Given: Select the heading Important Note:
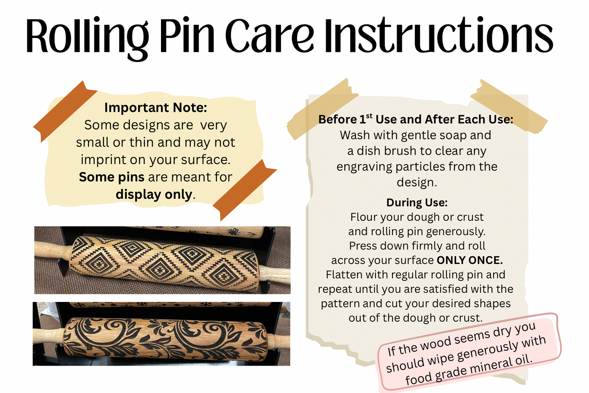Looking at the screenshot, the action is coord(156,107).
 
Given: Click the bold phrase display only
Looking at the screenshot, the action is coord(154,195).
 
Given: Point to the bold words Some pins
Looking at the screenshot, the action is coord(112,177).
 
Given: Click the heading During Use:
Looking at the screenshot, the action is coord(417,202).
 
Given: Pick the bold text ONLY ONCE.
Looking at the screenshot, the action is coord(470,260).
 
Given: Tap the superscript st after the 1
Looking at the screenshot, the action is coord(369,115).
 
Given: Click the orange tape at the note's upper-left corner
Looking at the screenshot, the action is coord(65,111).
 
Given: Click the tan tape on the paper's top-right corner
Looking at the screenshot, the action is coord(509,107).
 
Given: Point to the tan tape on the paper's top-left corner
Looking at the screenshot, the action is coord(322,109).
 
